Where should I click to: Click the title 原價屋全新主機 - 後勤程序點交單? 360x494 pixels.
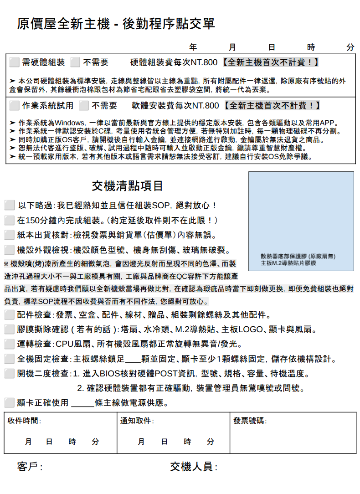116,24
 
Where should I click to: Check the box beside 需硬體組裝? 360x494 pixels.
14,62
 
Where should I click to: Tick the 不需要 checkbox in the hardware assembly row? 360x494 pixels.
75,62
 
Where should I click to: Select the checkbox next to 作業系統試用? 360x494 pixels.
14,106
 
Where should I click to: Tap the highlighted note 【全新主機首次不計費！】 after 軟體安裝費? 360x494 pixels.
271,106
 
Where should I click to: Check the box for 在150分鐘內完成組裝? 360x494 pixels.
9,220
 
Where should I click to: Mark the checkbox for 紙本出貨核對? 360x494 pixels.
9,235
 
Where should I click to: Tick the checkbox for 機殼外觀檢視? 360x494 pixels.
9,250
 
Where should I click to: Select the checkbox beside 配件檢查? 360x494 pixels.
9,314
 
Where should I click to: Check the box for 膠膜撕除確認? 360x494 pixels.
9,329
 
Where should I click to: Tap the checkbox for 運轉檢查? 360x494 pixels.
9,344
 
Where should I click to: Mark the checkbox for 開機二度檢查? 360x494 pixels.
9,374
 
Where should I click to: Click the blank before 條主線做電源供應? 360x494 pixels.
82,403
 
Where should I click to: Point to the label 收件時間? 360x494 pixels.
24,421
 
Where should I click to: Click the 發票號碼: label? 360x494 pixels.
250,421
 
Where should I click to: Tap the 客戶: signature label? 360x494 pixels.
30,467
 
